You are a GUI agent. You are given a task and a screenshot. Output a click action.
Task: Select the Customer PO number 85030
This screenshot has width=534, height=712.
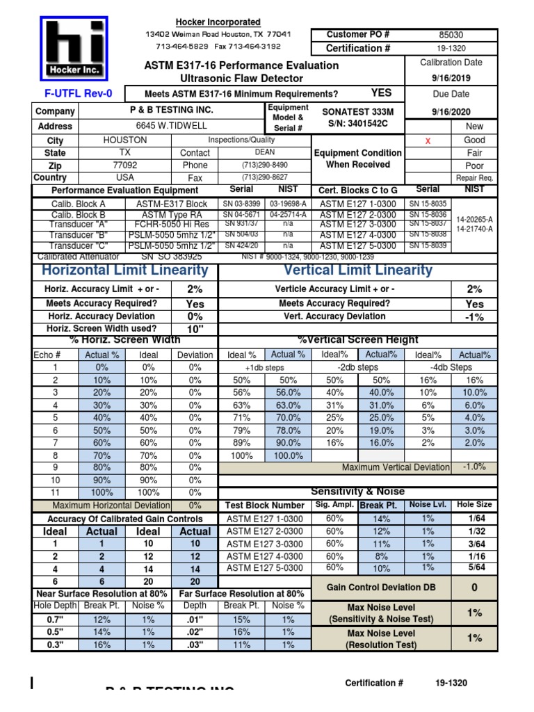coord(451,34)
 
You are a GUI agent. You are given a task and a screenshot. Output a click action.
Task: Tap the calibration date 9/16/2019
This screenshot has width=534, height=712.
coord(451,79)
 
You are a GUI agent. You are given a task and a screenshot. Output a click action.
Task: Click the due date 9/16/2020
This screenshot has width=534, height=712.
coord(451,111)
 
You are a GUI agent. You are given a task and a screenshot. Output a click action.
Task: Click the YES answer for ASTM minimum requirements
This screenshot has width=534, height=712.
coord(382,92)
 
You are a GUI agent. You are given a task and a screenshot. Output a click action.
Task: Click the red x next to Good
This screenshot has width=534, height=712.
coord(428,140)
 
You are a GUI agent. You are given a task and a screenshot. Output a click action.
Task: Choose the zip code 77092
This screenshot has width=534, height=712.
coord(125,165)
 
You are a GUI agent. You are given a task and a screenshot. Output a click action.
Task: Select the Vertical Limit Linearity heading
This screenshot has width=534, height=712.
coord(358,270)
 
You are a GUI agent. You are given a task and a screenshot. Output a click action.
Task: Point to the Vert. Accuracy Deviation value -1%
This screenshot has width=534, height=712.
coord(475,317)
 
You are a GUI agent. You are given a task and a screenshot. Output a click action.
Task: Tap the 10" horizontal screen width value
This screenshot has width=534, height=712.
coord(195,329)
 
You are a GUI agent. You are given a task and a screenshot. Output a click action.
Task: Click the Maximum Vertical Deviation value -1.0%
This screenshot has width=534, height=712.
coord(475,467)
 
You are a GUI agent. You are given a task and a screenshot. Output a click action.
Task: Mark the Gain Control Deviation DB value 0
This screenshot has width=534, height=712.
coord(475,588)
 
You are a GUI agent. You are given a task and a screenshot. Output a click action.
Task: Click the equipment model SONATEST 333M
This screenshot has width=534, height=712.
coord(358,111)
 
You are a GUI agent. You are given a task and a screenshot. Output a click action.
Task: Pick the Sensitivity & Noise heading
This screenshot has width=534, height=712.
coord(358,492)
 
